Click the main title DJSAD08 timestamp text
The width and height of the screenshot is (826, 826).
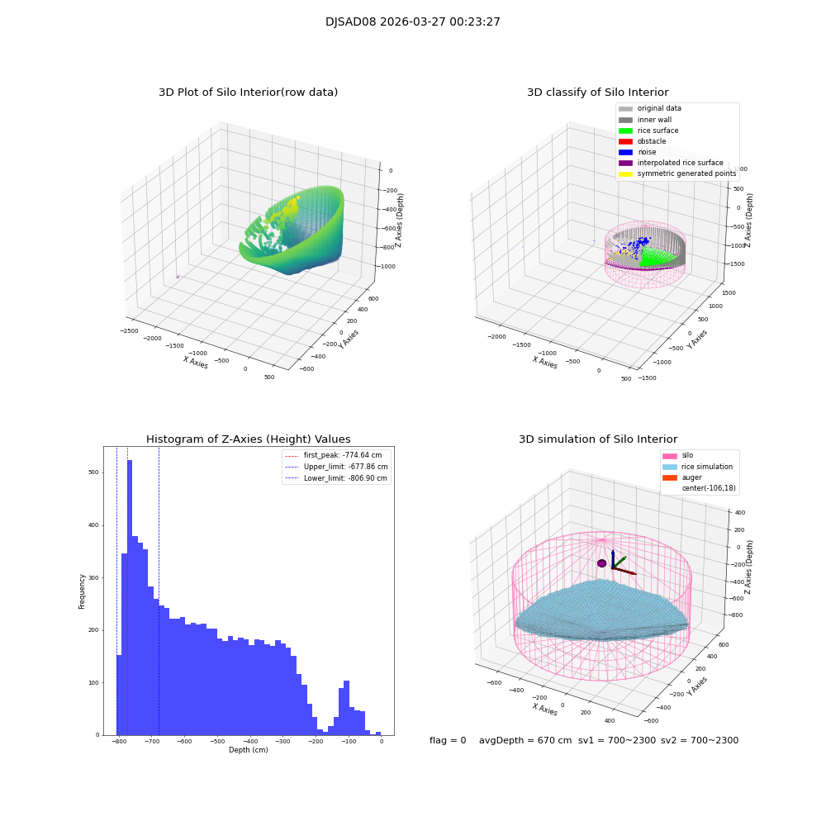(412, 22)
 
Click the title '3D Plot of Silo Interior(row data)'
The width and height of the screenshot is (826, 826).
(248, 93)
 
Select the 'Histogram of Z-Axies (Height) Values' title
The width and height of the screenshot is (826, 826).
(248, 439)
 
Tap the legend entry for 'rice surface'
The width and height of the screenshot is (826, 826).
(657, 131)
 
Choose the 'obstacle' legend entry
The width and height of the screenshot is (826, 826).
(651, 141)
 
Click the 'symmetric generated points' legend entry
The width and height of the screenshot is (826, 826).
(686, 173)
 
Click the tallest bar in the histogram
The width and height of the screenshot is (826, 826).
(130, 595)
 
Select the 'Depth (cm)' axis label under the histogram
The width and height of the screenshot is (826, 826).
(248, 750)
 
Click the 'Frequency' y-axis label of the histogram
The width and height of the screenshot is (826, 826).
(82, 591)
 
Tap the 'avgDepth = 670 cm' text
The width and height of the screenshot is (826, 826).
(525, 741)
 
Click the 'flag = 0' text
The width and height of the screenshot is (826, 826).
(448, 741)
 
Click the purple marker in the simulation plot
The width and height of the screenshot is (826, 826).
(601, 563)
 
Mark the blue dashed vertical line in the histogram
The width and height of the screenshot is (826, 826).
(159, 578)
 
